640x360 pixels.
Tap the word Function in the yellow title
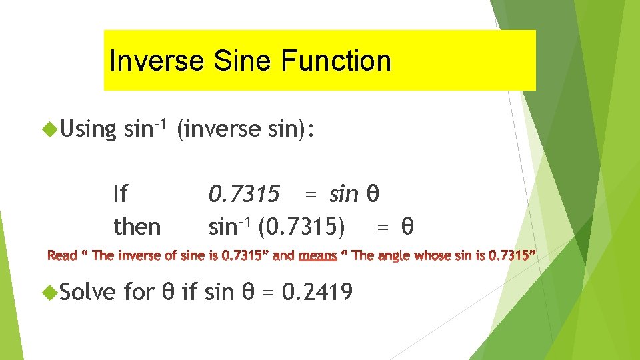(336, 61)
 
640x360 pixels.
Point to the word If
(120, 195)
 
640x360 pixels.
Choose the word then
(137, 227)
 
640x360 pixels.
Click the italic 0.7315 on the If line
(244, 195)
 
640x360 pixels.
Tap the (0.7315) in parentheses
(301, 227)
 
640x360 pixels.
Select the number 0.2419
(318, 291)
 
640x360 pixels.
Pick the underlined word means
(318, 255)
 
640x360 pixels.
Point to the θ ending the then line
(407, 227)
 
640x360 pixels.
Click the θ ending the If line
(373, 195)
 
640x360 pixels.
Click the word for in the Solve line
(139, 291)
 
